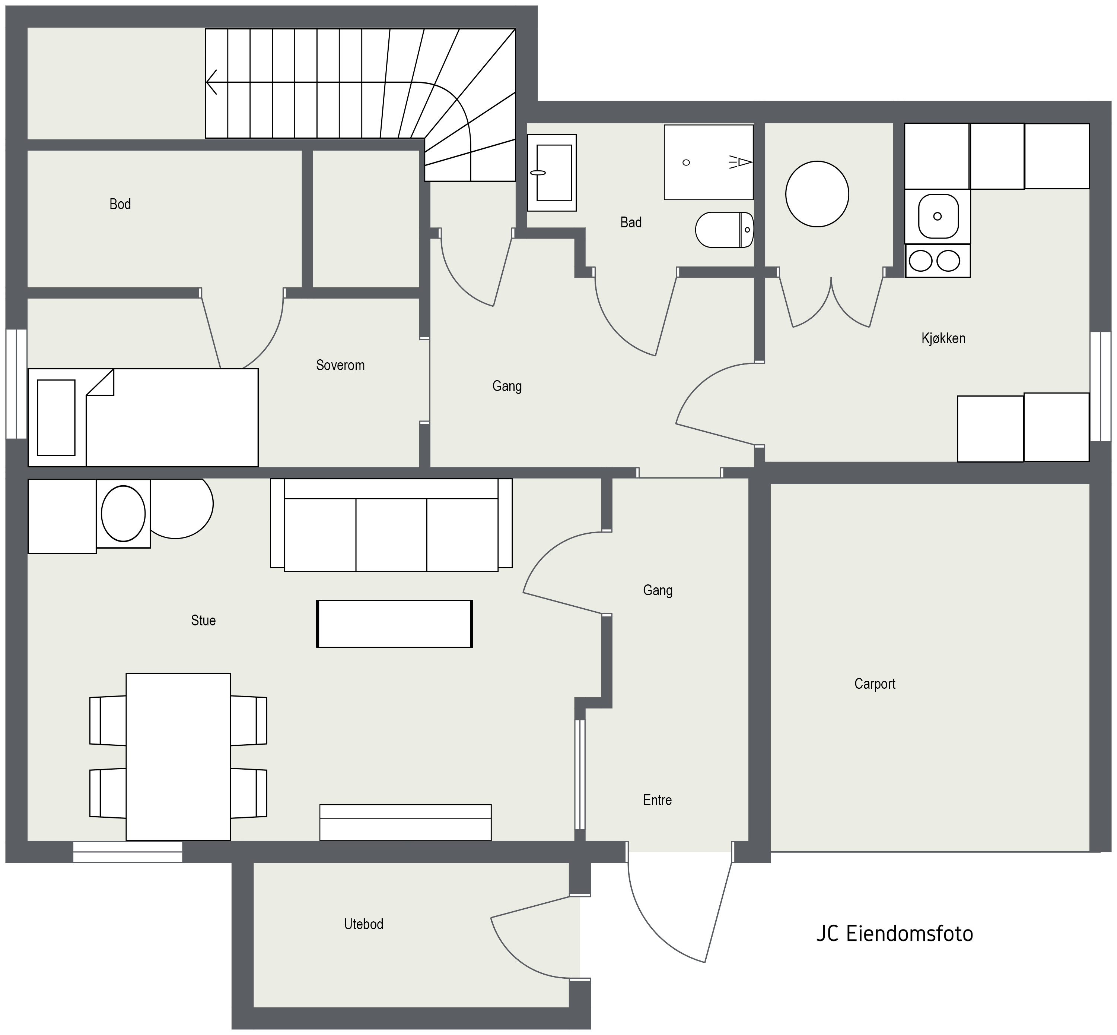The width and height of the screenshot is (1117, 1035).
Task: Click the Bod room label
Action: [x=120, y=204]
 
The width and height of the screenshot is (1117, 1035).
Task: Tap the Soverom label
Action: [x=340, y=365]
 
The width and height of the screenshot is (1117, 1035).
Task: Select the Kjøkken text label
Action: [x=943, y=338]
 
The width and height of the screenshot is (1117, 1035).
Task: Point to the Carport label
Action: [x=875, y=684]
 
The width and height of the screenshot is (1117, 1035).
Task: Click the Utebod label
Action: [x=364, y=924]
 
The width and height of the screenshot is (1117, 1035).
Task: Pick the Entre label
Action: [x=658, y=800]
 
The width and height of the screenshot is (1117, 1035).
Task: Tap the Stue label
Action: [x=203, y=621]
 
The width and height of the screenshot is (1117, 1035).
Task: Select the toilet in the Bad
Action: [x=725, y=230]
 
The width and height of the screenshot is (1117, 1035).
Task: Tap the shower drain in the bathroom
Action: [x=686, y=162]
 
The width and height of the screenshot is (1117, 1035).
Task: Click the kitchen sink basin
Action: [x=938, y=216]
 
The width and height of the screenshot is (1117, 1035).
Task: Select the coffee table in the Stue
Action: [x=395, y=624]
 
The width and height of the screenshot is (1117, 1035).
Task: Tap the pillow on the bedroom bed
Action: [x=56, y=418]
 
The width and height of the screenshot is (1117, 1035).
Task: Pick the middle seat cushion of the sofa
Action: [x=391, y=535]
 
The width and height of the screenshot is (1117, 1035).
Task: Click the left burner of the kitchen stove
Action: [x=920, y=261]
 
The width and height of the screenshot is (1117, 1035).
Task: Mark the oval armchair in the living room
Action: [x=123, y=514]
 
